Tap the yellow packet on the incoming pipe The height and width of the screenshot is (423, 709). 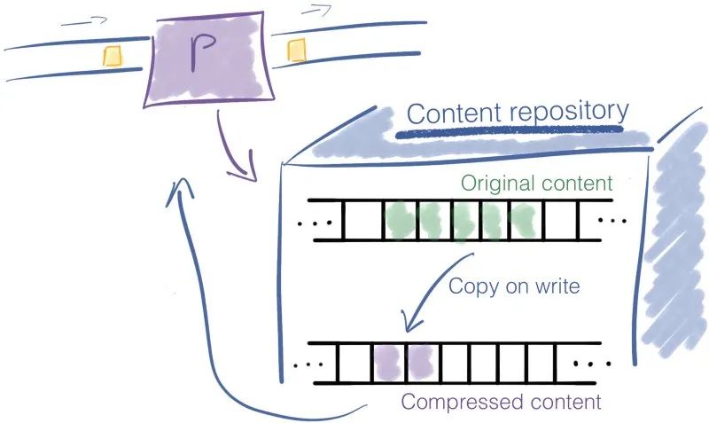tap(112, 56)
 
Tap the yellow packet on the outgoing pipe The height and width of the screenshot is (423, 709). tap(296, 52)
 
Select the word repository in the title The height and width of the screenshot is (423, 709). tap(574, 112)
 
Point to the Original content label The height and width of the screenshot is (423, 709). tap(535, 185)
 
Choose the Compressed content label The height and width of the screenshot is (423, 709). tap(501, 402)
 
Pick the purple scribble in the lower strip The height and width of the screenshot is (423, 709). tap(401, 360)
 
